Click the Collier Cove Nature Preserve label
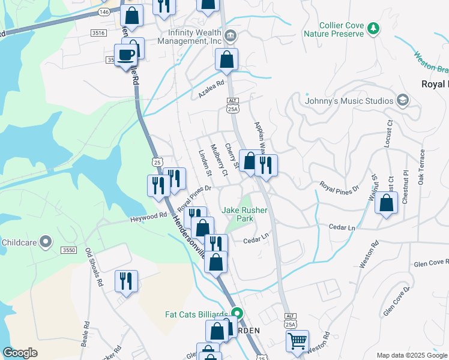(341, 29)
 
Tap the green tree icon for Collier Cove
(373, 28)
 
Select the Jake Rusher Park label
(245, 214)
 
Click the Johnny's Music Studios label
(348, 100)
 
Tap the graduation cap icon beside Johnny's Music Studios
(402, 100)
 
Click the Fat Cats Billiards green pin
(237, 314)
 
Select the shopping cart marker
(297, 342)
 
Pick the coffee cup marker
(126, 56)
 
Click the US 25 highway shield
(157, 162)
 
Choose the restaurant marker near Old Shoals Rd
(126, 281)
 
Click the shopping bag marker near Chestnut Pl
(387, 203)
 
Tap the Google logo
(20, 353)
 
